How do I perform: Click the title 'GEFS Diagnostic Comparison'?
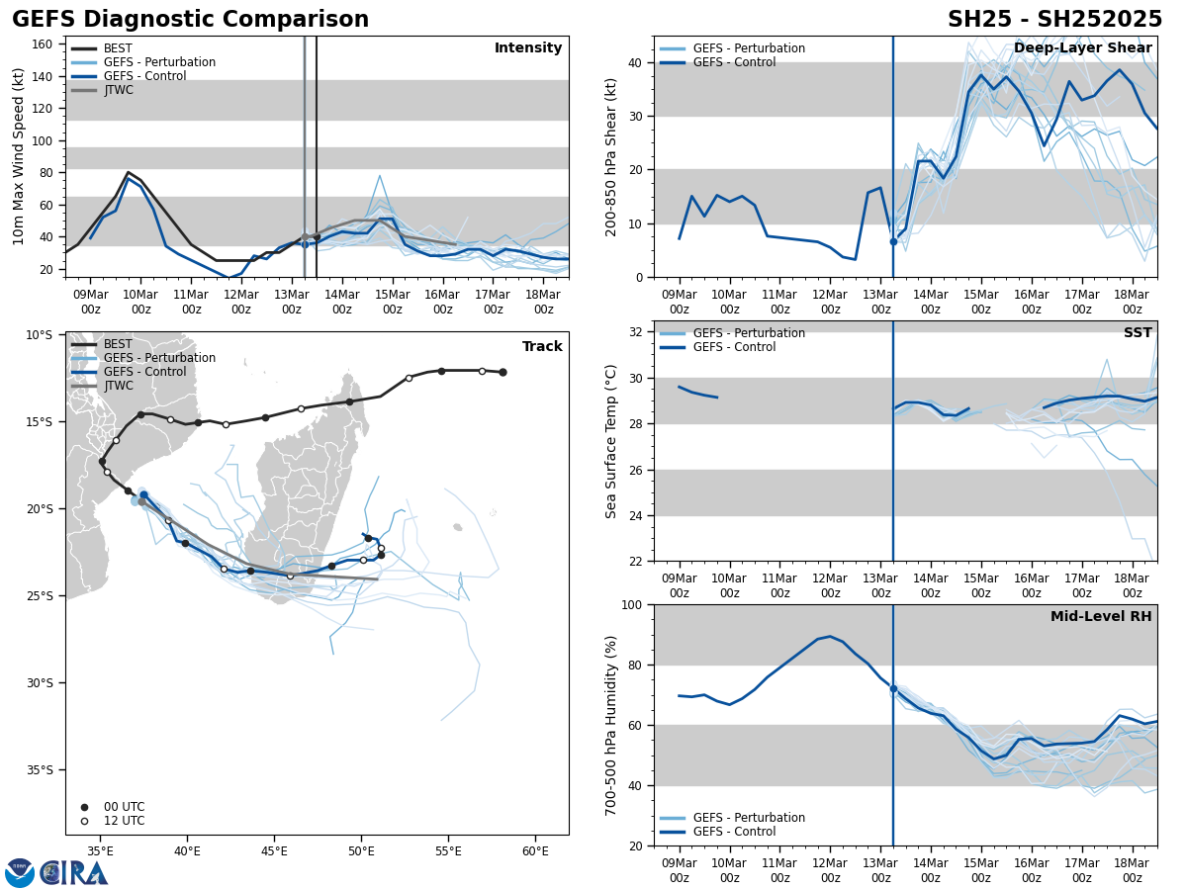coord(190,20)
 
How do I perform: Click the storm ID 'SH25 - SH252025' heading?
coord(1054,20)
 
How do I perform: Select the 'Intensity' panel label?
coord(528,48)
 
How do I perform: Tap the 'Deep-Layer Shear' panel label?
coord(1082,48)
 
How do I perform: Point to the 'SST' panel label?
coord(1138,333)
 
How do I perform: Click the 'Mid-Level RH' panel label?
coord(1101,617)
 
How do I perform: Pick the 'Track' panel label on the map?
coord(542,347)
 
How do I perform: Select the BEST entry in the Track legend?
coord(118,344)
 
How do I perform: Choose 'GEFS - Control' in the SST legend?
coord(734,347)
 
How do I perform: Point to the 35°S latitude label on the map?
coord(40,769)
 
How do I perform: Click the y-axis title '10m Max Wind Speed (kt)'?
coord(18,156)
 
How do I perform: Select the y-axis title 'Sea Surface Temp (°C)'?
coord(611,441)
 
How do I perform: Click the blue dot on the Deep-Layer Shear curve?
coord(893,241)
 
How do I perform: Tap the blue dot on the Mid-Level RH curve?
coord(893,688)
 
